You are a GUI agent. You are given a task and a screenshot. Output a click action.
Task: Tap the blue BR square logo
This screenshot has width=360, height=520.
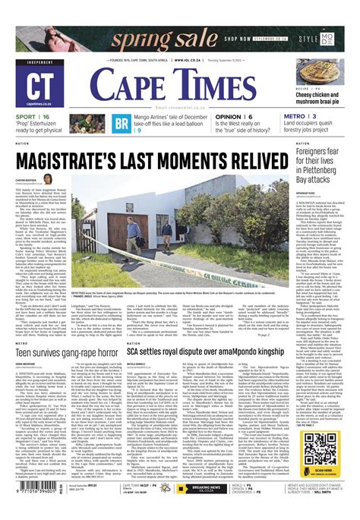coord(122,124)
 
